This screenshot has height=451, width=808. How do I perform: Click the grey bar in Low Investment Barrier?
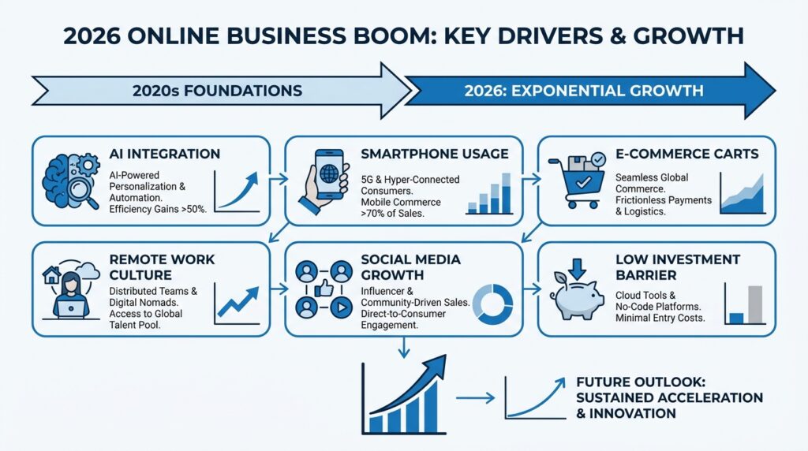(x=755, y=304)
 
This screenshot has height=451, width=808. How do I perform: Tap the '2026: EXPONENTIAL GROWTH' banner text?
(x=585, y=90)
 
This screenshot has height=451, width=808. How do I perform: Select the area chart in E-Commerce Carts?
(x=743, y=194)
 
